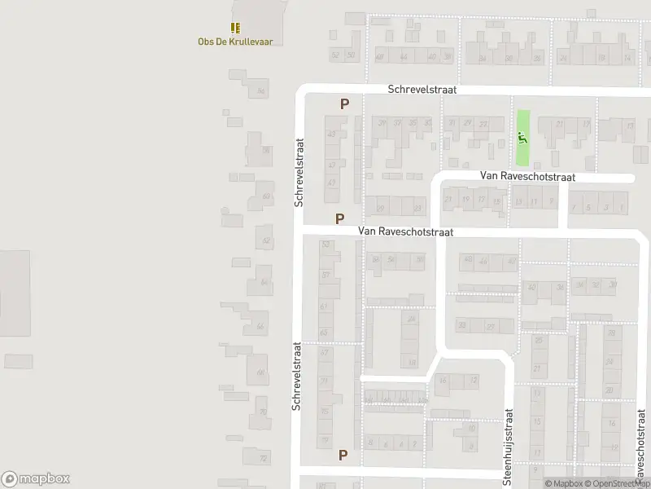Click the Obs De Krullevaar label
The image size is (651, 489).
point(235,41)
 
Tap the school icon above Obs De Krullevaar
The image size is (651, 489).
point(235,28)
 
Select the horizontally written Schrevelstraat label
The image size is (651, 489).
point(422,90)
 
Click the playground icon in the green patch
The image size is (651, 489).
point(522,137)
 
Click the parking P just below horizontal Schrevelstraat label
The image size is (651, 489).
point(344,104)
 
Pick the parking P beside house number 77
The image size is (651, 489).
point(343,455)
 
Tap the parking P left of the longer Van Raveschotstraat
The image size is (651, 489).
point(339,218)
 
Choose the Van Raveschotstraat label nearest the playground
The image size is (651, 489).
point(527,176)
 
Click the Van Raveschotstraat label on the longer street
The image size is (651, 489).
point(405,232)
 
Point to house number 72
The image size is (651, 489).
point(264,459)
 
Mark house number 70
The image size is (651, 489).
point(263,412)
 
